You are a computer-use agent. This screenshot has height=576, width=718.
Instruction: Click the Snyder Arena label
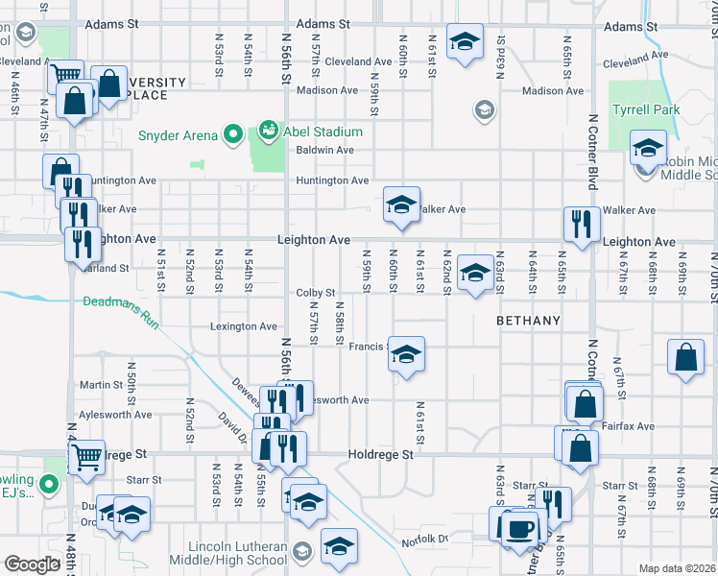[179, 135]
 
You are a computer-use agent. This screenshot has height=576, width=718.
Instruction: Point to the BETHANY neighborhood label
[528, 320]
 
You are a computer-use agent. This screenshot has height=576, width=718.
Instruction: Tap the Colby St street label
[315, 293]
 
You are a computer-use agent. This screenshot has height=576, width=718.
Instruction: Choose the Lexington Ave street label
[244, 326]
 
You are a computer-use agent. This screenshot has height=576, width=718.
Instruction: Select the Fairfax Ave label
[631, 425]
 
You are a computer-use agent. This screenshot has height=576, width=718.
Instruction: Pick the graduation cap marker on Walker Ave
[402, 204]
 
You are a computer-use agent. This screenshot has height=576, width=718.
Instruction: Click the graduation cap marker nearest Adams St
[466, 41]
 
